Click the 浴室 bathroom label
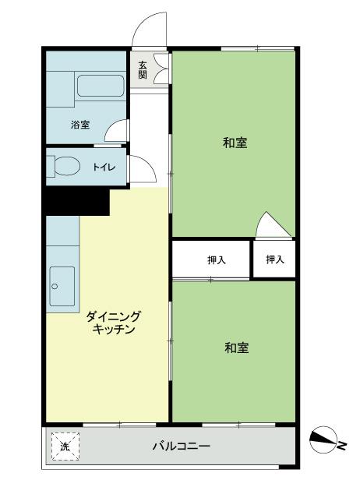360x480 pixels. click(x=79, y=124)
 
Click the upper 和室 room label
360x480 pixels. click(x=235, y=143)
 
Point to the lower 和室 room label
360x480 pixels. click(x=236, y=348)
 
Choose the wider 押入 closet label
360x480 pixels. click(x=217, y=259)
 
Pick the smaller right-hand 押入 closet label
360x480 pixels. click(x=274, y=259)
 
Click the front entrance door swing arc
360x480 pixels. click(x=150, y=31)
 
